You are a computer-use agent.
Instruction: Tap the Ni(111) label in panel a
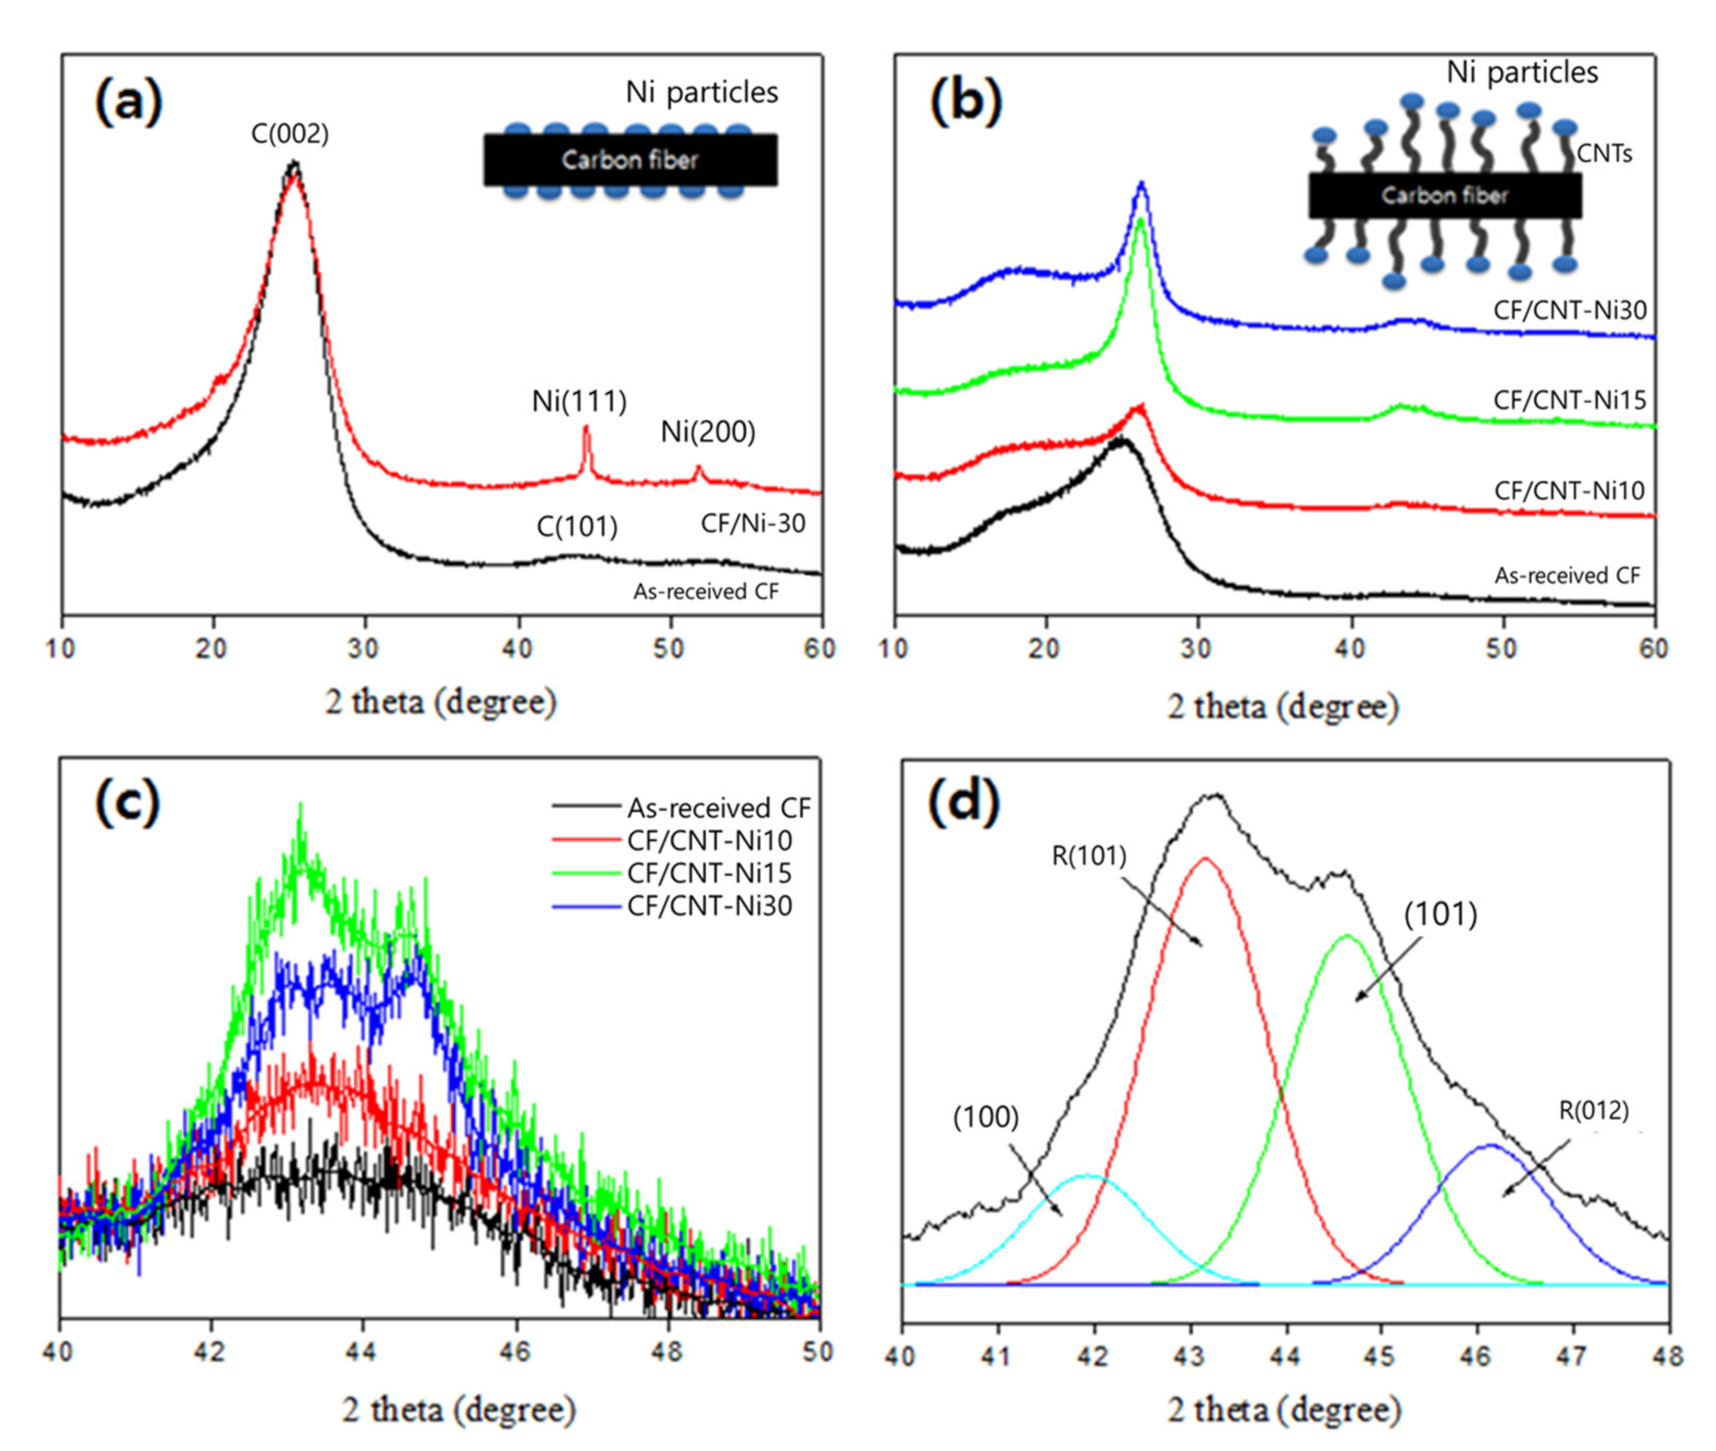[579, 401]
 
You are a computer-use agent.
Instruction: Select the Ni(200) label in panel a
[708, 432]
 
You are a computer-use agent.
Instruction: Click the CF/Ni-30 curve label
[752, 523]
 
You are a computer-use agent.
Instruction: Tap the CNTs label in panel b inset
[1604, 154]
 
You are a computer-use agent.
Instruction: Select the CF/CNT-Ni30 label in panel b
[1570, 310]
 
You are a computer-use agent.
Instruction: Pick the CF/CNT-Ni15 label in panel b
[1570, 401]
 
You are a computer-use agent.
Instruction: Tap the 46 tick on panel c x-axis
[515, 1352]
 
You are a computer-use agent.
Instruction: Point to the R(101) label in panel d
[1088, 857]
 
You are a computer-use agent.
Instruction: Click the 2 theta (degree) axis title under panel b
[1283, 707]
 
